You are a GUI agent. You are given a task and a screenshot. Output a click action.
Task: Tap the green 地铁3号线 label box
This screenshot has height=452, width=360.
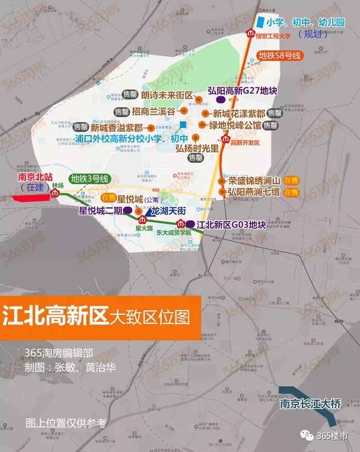click(x=91, y=179)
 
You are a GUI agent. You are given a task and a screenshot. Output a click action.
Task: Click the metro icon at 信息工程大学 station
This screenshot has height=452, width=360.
click(x=250, y=34)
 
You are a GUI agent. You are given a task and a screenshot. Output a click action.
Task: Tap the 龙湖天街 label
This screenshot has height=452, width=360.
click(x=167, y=211)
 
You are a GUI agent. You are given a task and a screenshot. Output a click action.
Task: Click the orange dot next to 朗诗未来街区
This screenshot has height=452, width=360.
click(x=199, y=97)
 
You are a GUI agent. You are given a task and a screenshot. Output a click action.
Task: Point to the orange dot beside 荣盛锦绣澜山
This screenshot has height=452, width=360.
click(x=222, y=181)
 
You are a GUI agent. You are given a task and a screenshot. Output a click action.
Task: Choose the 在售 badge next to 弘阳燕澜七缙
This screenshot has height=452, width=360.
click(x=291, y=192)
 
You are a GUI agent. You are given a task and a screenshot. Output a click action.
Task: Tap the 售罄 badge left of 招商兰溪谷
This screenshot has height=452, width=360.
click(x=121, y=111)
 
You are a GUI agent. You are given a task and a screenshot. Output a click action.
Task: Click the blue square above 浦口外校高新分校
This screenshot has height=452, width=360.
click(x=183, y=124)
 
